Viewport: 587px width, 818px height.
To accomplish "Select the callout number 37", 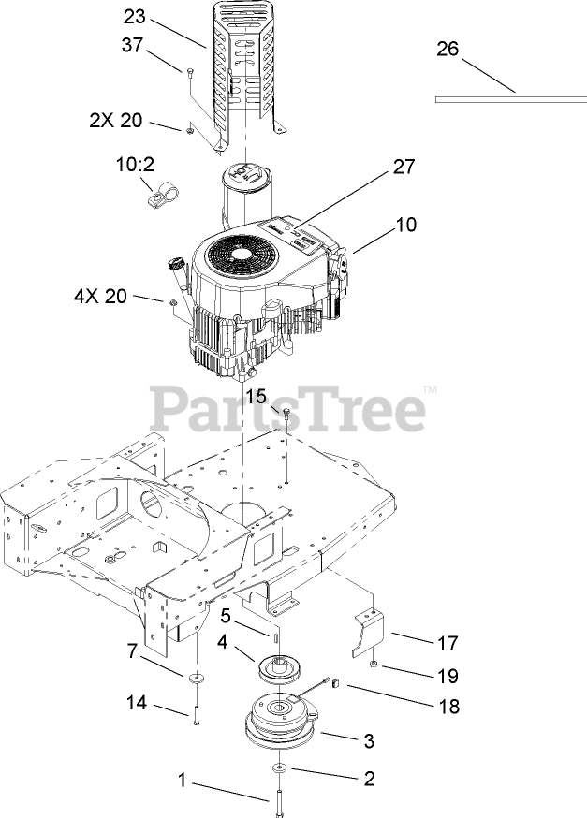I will pyautogui.click(x=134, y=46).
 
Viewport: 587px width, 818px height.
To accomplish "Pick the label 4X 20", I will pyautogui.click(x=99, y=296).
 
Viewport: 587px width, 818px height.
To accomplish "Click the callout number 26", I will pyautogui.click(x=448, y=49).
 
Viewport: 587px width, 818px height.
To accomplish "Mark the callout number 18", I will pyautogui.click(x=449, y=707).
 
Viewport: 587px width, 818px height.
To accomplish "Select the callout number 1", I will pyautogui.click(x=183, y=777).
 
